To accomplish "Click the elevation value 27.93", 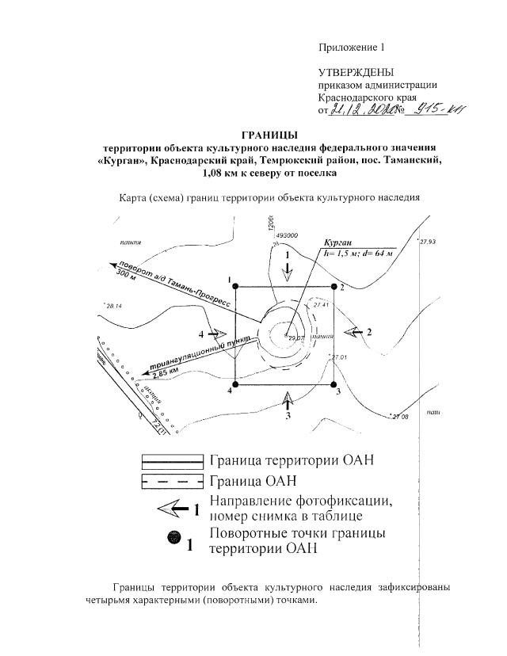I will pos(428,242).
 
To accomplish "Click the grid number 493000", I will pos(285,235).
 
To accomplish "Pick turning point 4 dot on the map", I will pos(234,385).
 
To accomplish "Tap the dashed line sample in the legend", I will pos(173,481).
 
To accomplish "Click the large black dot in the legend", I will pos(173,539).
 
